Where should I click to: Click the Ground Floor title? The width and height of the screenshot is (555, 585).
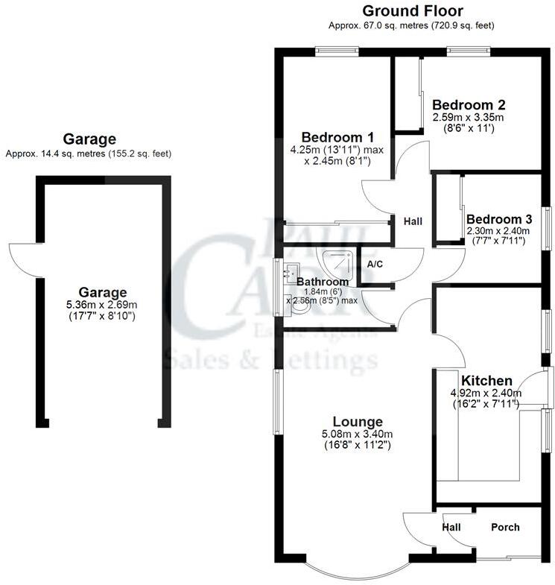[x=412, y=11]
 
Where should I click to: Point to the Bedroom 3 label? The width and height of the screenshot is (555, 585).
[x=499, y=219]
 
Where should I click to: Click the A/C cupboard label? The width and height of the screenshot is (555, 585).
[x=375, y=264]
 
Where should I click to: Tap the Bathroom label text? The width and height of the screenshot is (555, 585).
[x=323, y=282]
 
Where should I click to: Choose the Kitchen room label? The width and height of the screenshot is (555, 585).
[x=486, y=381]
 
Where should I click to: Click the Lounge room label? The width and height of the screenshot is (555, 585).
[x=358, y=422]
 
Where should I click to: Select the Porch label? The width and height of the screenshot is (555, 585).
[x=505, y=528]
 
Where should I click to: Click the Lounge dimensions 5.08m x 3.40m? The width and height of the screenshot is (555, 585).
[x=358, y=434]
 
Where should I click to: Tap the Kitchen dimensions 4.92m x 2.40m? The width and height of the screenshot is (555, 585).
[x=486, y=393]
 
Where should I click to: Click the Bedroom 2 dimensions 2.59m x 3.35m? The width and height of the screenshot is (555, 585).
[x=469, y=118]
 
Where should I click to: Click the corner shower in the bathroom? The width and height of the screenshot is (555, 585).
[x=340, y=260]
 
